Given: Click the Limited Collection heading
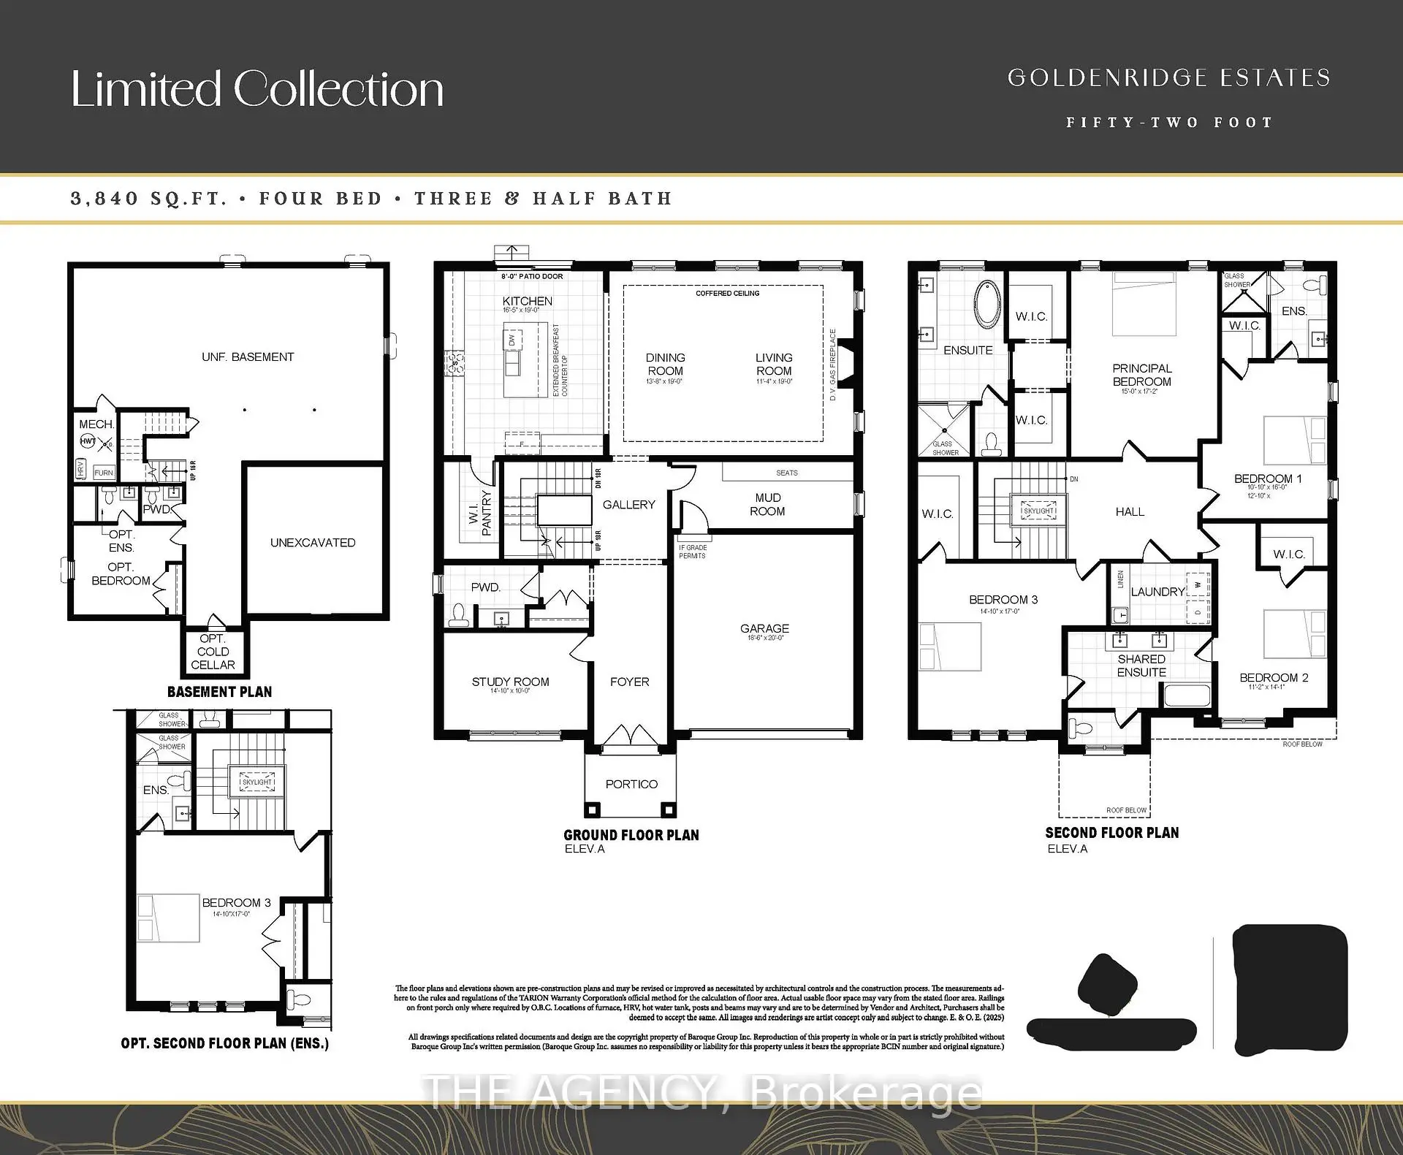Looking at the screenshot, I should pyautogui.click(x=257, y=89).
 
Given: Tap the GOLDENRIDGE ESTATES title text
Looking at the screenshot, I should pyautogui.click(x=1168, y=77).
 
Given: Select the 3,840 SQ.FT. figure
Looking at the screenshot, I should pyautogui.click(x=148, y=199).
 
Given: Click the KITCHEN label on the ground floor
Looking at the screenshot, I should pyautogui.click(x=527, y=301).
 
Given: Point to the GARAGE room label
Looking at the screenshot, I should pyautogui.click(x=764, y=628).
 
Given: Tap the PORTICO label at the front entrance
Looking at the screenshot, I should pyautogui.click(x=631, y=784).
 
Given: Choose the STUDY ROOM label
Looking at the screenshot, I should pyautogui.click(x=510, y=682).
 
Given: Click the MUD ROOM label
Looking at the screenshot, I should pyautogui.click(x=767, y=504).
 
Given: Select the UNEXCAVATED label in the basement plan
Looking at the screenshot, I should pyautogui.click(x=313, y=542).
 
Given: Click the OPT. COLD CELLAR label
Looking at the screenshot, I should pyautogui.click(x=213, y=652).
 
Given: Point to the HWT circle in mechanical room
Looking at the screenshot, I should pyautogui.click(x=88, y=441).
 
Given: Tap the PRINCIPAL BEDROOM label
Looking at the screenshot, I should pyautogui.click(x=1141, y=375).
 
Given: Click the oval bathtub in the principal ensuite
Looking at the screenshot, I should pyautogui.click(x=987, y=303).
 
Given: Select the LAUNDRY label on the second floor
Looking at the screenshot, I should pyautogui.click(x=1157, y=592).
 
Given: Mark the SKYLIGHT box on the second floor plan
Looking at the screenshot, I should pyautogui.click(x=1038, y=511).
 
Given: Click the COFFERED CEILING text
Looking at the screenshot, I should pyautogui.click(x=727, y=293).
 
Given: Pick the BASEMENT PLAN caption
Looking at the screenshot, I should pyautogui.click(x=219, y=691).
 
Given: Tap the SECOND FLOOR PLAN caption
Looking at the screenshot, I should pyautogui.click(x=1111, y=832).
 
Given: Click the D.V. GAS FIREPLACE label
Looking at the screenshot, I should pyautogui.click(x=832, y=365).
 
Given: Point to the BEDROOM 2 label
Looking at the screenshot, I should pyautogui.click(x=1274, y=677).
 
